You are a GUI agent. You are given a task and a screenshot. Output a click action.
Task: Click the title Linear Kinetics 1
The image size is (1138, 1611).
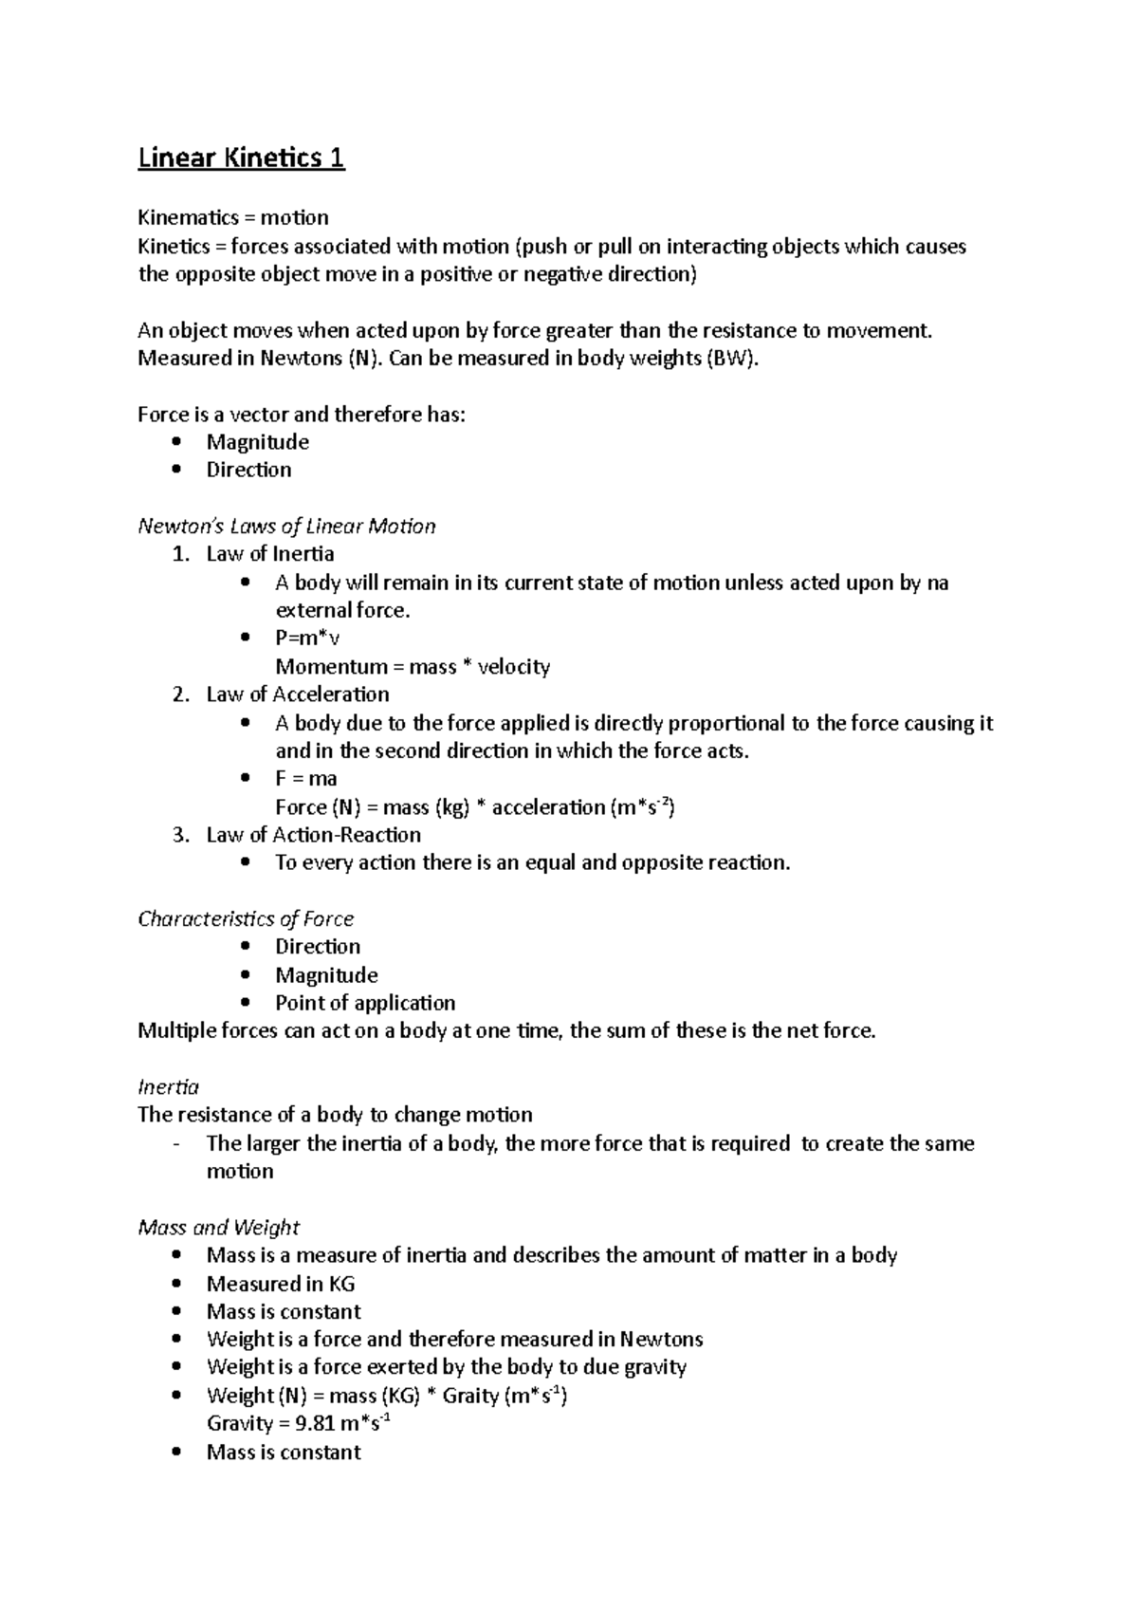tap(241, 157)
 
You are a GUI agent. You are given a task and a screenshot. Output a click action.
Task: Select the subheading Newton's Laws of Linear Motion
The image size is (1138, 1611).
tap(286, 526)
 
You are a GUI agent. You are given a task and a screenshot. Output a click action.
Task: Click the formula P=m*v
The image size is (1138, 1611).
tap(307, 639)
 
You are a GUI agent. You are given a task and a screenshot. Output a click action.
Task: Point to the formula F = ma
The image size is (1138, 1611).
tap(305, 779)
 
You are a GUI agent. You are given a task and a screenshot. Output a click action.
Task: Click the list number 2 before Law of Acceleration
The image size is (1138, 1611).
tap(181, 694)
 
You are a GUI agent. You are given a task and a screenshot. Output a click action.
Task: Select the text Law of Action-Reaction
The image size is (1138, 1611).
tap(313, 835)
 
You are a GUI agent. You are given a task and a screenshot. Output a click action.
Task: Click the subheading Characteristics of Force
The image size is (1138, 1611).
tap(246, 918)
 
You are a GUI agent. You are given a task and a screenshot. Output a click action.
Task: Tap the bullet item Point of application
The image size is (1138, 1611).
tap(365, 1003)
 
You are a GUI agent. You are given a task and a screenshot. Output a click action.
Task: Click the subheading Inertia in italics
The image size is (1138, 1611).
tap(168, 1086)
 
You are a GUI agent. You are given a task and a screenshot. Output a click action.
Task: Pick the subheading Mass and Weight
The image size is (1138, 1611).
tap(218, 1227)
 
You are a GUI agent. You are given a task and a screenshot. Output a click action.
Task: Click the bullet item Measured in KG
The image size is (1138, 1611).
tap(281, 1284)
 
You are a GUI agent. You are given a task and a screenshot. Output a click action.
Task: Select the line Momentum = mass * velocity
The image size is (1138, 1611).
tap(413, 667)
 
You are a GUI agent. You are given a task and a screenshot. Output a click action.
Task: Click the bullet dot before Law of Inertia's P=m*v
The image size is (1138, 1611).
tap(246, 639)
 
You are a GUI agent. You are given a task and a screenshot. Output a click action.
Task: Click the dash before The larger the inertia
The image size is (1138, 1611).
tap(177, 1143)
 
